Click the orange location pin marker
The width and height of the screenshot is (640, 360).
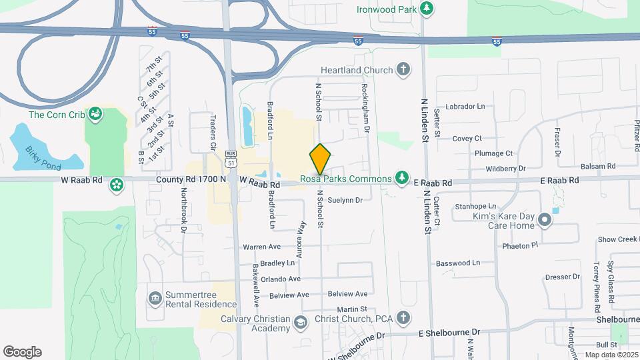(320, 159)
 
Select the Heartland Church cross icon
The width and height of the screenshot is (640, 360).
(403, 69)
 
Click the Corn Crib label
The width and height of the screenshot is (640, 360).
(57, 115)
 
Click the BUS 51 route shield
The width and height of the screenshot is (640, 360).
(231, 157)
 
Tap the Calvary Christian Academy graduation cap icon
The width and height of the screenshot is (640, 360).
(300, 323)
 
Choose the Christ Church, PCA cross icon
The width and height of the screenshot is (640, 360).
(403, 317)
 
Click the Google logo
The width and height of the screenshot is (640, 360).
(22, 352)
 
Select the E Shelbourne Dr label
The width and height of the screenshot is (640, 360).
(449, 331)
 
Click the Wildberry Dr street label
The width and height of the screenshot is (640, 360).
(506, 168)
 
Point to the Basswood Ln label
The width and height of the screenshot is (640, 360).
(458, 263)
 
